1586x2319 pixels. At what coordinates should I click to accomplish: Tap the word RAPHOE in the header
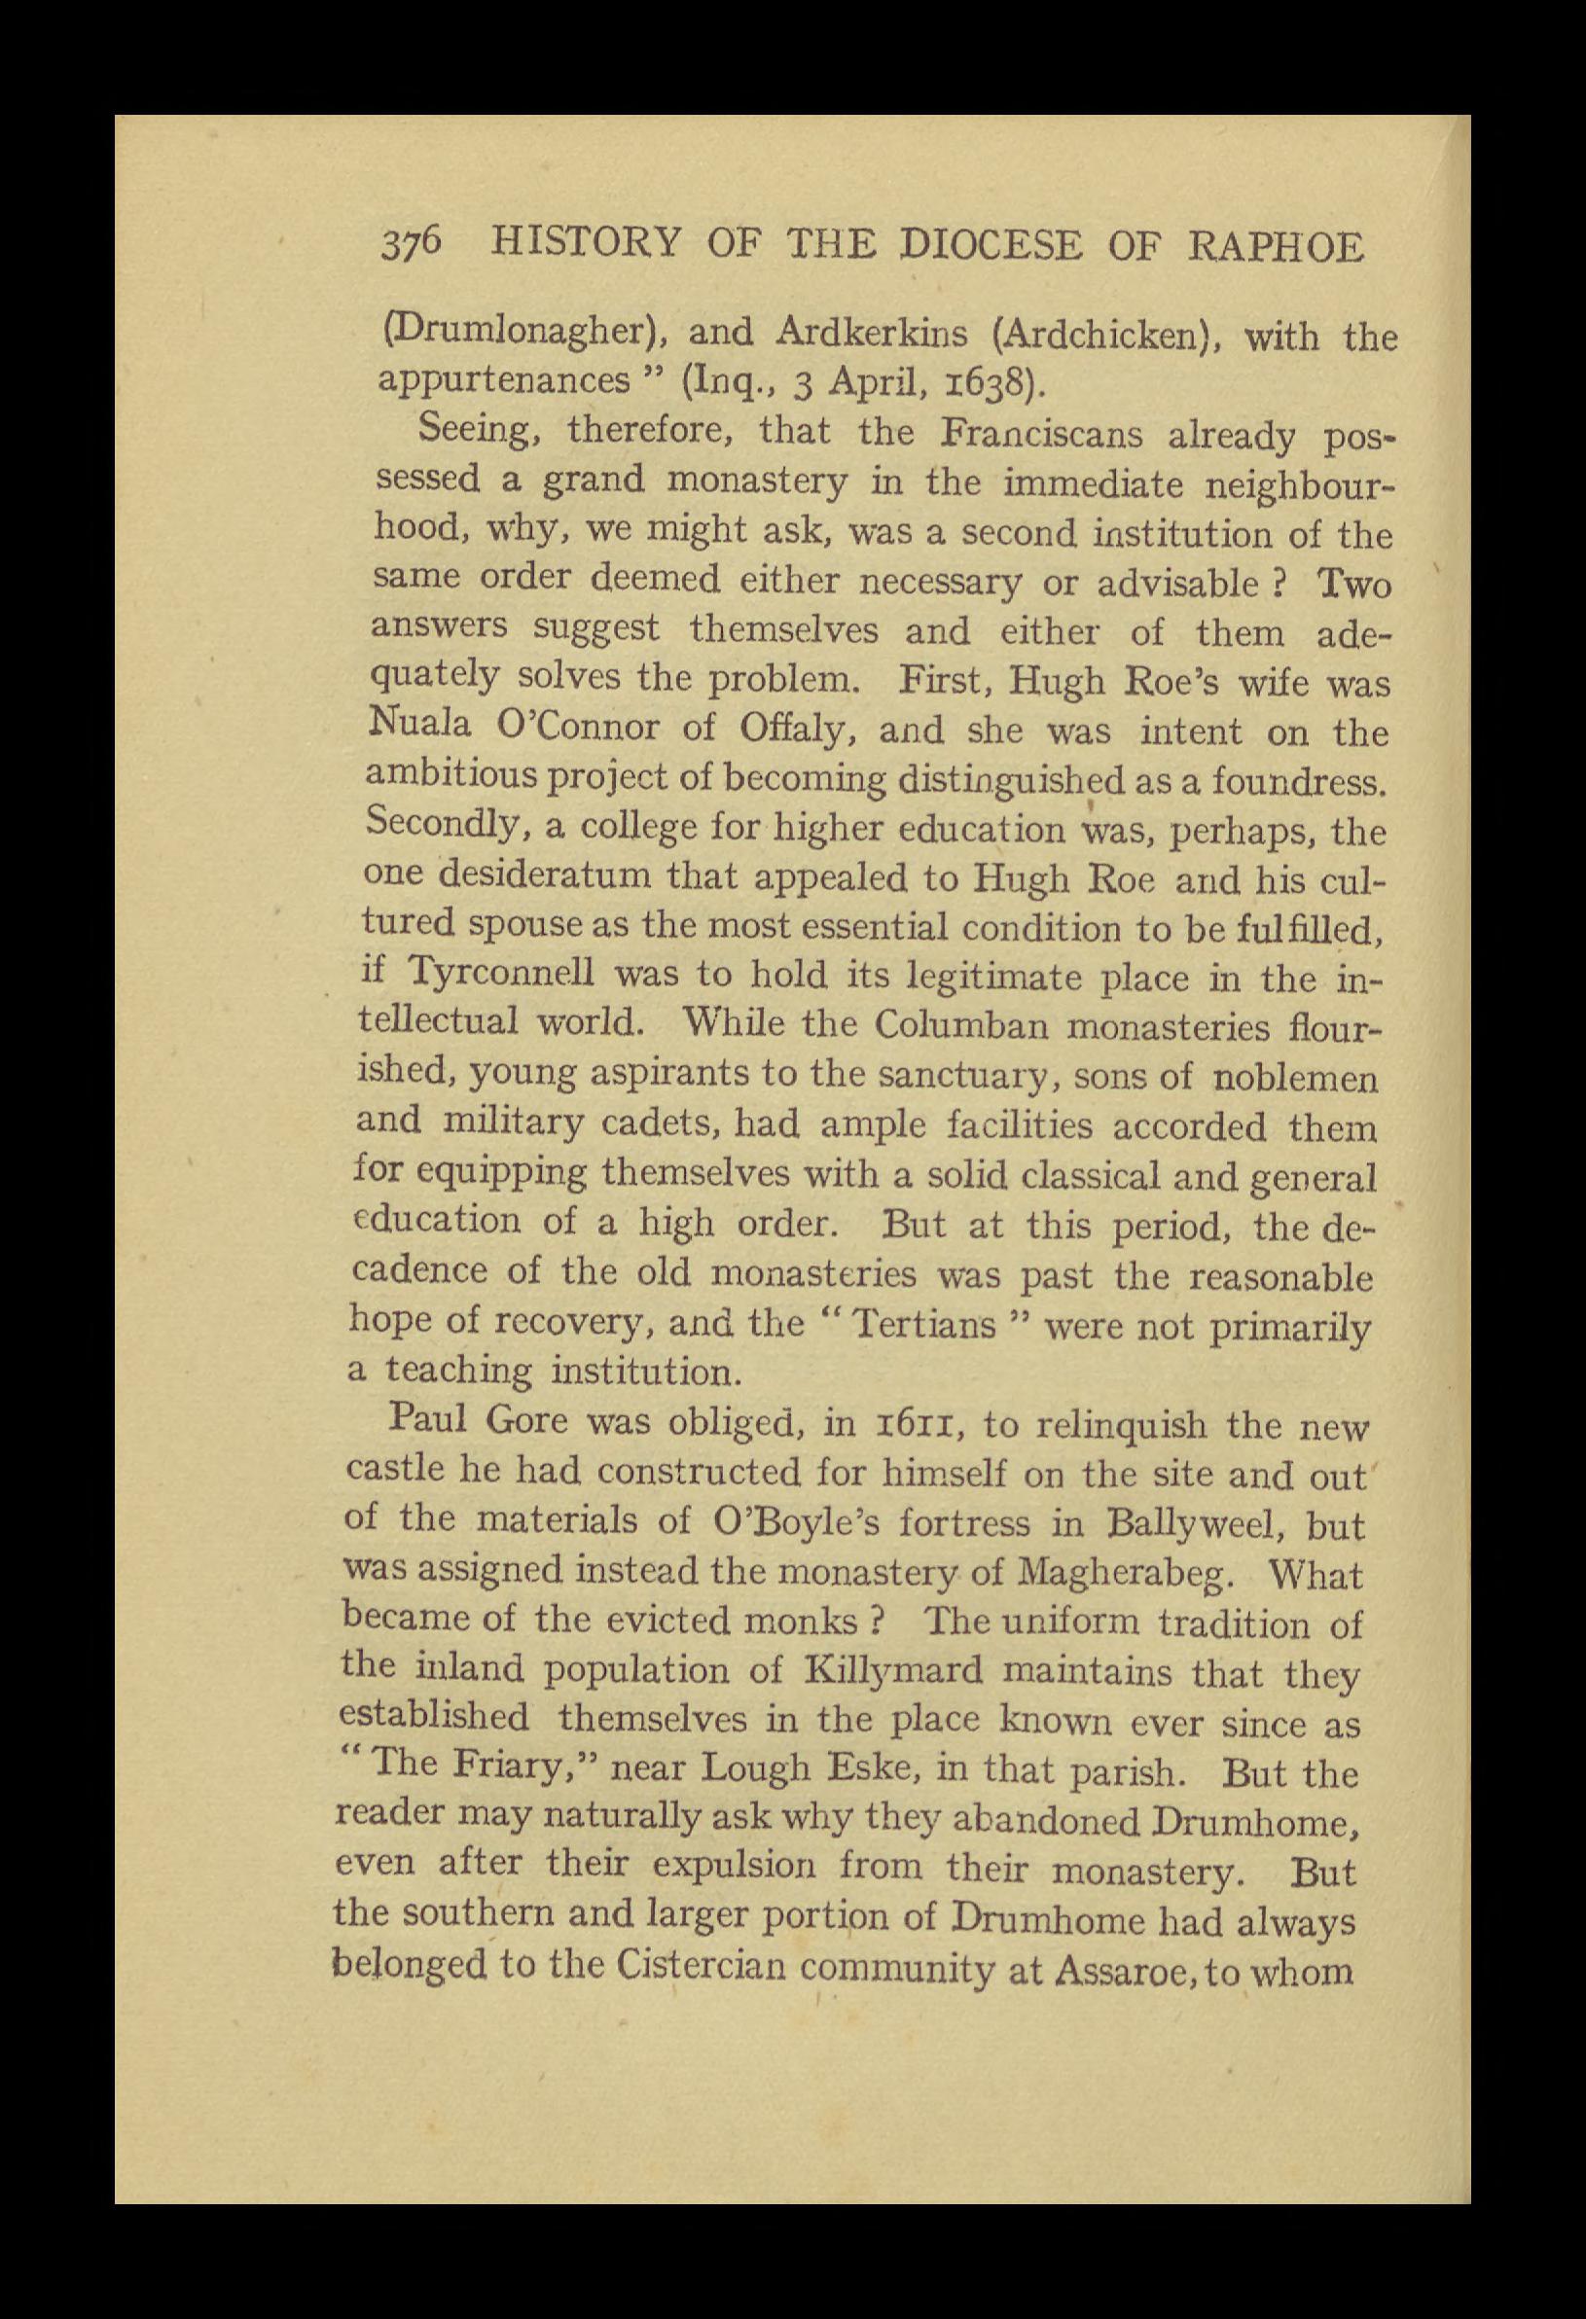(x=1277, y=246)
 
